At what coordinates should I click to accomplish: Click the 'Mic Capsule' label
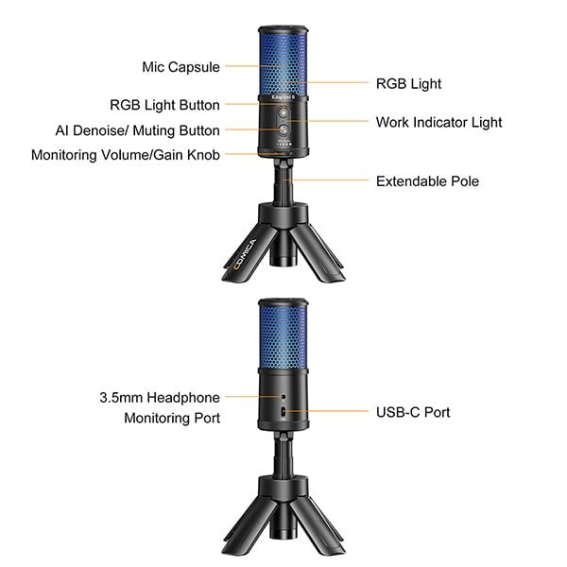click(180, 67)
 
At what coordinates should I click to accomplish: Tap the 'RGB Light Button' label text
click(164, 105)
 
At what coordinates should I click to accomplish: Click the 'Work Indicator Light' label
click(438, 122)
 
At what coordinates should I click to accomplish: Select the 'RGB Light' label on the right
click(407, 83)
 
